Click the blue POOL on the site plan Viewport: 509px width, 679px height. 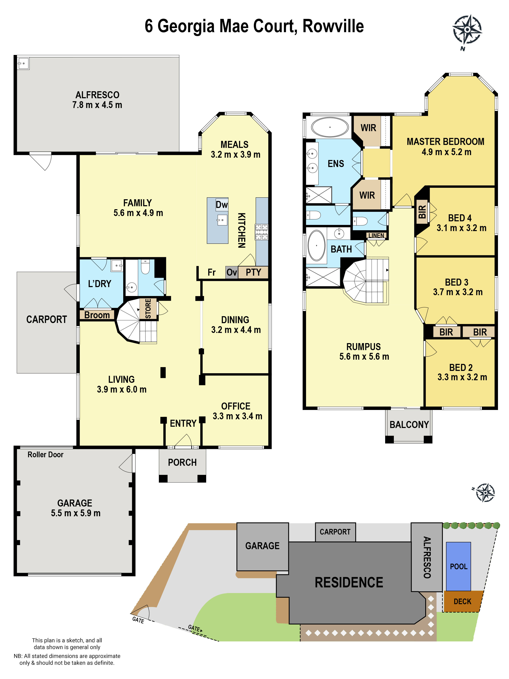(458, 566)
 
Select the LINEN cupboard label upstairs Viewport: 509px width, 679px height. (376, 236)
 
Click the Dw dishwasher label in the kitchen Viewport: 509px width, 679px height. (221, 205)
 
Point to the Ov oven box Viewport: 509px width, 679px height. (232, 272)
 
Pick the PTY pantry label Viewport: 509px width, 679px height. (253, 272)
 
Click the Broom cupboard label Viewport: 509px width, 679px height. (97, 315)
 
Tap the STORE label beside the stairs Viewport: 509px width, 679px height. (148, 309)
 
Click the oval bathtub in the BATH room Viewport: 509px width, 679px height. (316, 246)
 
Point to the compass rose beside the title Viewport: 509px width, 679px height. (467, 30)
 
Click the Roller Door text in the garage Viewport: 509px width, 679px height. (45, 455)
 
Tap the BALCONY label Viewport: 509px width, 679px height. (409, 425)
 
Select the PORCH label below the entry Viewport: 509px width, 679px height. (182, 462)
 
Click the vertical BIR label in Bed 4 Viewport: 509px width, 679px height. (422, 212)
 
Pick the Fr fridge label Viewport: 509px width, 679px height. (211, 272)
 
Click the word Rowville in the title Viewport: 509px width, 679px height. (333, 26)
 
